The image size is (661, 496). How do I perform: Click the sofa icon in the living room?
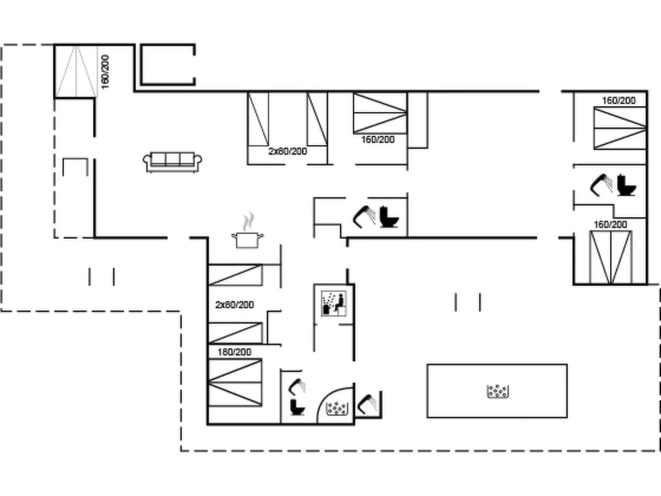172,162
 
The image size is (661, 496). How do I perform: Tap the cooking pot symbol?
247,240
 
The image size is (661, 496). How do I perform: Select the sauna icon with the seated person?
333,303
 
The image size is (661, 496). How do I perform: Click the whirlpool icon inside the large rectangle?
498,391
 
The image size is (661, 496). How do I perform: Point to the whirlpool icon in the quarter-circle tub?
337,408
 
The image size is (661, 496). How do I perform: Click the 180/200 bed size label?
234,352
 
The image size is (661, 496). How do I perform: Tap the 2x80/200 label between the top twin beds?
288,151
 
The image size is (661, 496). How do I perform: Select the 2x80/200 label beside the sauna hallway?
235,305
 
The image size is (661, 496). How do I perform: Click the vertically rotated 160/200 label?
105,72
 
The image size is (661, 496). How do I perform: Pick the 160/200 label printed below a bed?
378,140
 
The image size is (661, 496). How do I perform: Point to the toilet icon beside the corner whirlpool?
298,407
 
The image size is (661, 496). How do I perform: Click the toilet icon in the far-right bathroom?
626,185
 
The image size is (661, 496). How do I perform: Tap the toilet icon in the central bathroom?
389,217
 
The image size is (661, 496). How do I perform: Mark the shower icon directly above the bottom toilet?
297,387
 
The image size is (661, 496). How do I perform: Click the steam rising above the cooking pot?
249,221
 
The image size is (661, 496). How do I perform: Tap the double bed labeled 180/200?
235,382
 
